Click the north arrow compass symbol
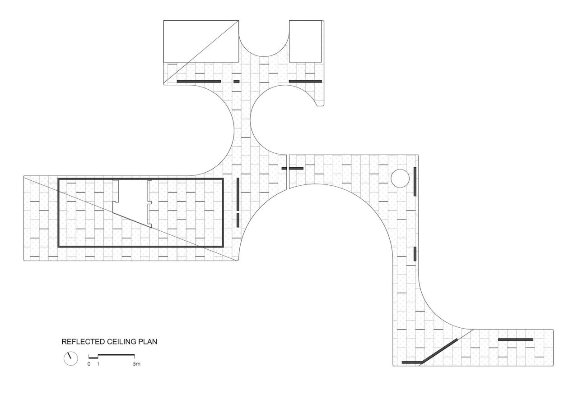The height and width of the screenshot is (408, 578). pos(71,358)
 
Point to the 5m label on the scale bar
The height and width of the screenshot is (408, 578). pos(136,364)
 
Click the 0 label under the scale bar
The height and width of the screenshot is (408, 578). pos(89,364)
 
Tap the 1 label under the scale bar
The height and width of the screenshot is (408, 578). pos(98,364)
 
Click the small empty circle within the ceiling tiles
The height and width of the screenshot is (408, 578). pos(400,178)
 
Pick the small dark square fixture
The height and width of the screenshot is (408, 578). pos(236,82)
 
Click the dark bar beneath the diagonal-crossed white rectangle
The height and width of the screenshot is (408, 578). pos(199,82)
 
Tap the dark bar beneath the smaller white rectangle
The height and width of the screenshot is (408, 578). pos(305,82)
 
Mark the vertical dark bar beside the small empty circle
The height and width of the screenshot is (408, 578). pos(415,181)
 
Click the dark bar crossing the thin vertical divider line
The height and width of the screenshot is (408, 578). pos(293,168)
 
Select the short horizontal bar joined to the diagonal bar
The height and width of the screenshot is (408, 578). pos(411,362)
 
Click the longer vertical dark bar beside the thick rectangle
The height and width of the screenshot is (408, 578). pos(238,194)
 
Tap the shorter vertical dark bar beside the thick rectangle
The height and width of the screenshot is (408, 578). pos(238,220)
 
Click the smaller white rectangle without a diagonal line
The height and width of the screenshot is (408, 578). pos(306,41)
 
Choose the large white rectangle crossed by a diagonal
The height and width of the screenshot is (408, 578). pos(201,41)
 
